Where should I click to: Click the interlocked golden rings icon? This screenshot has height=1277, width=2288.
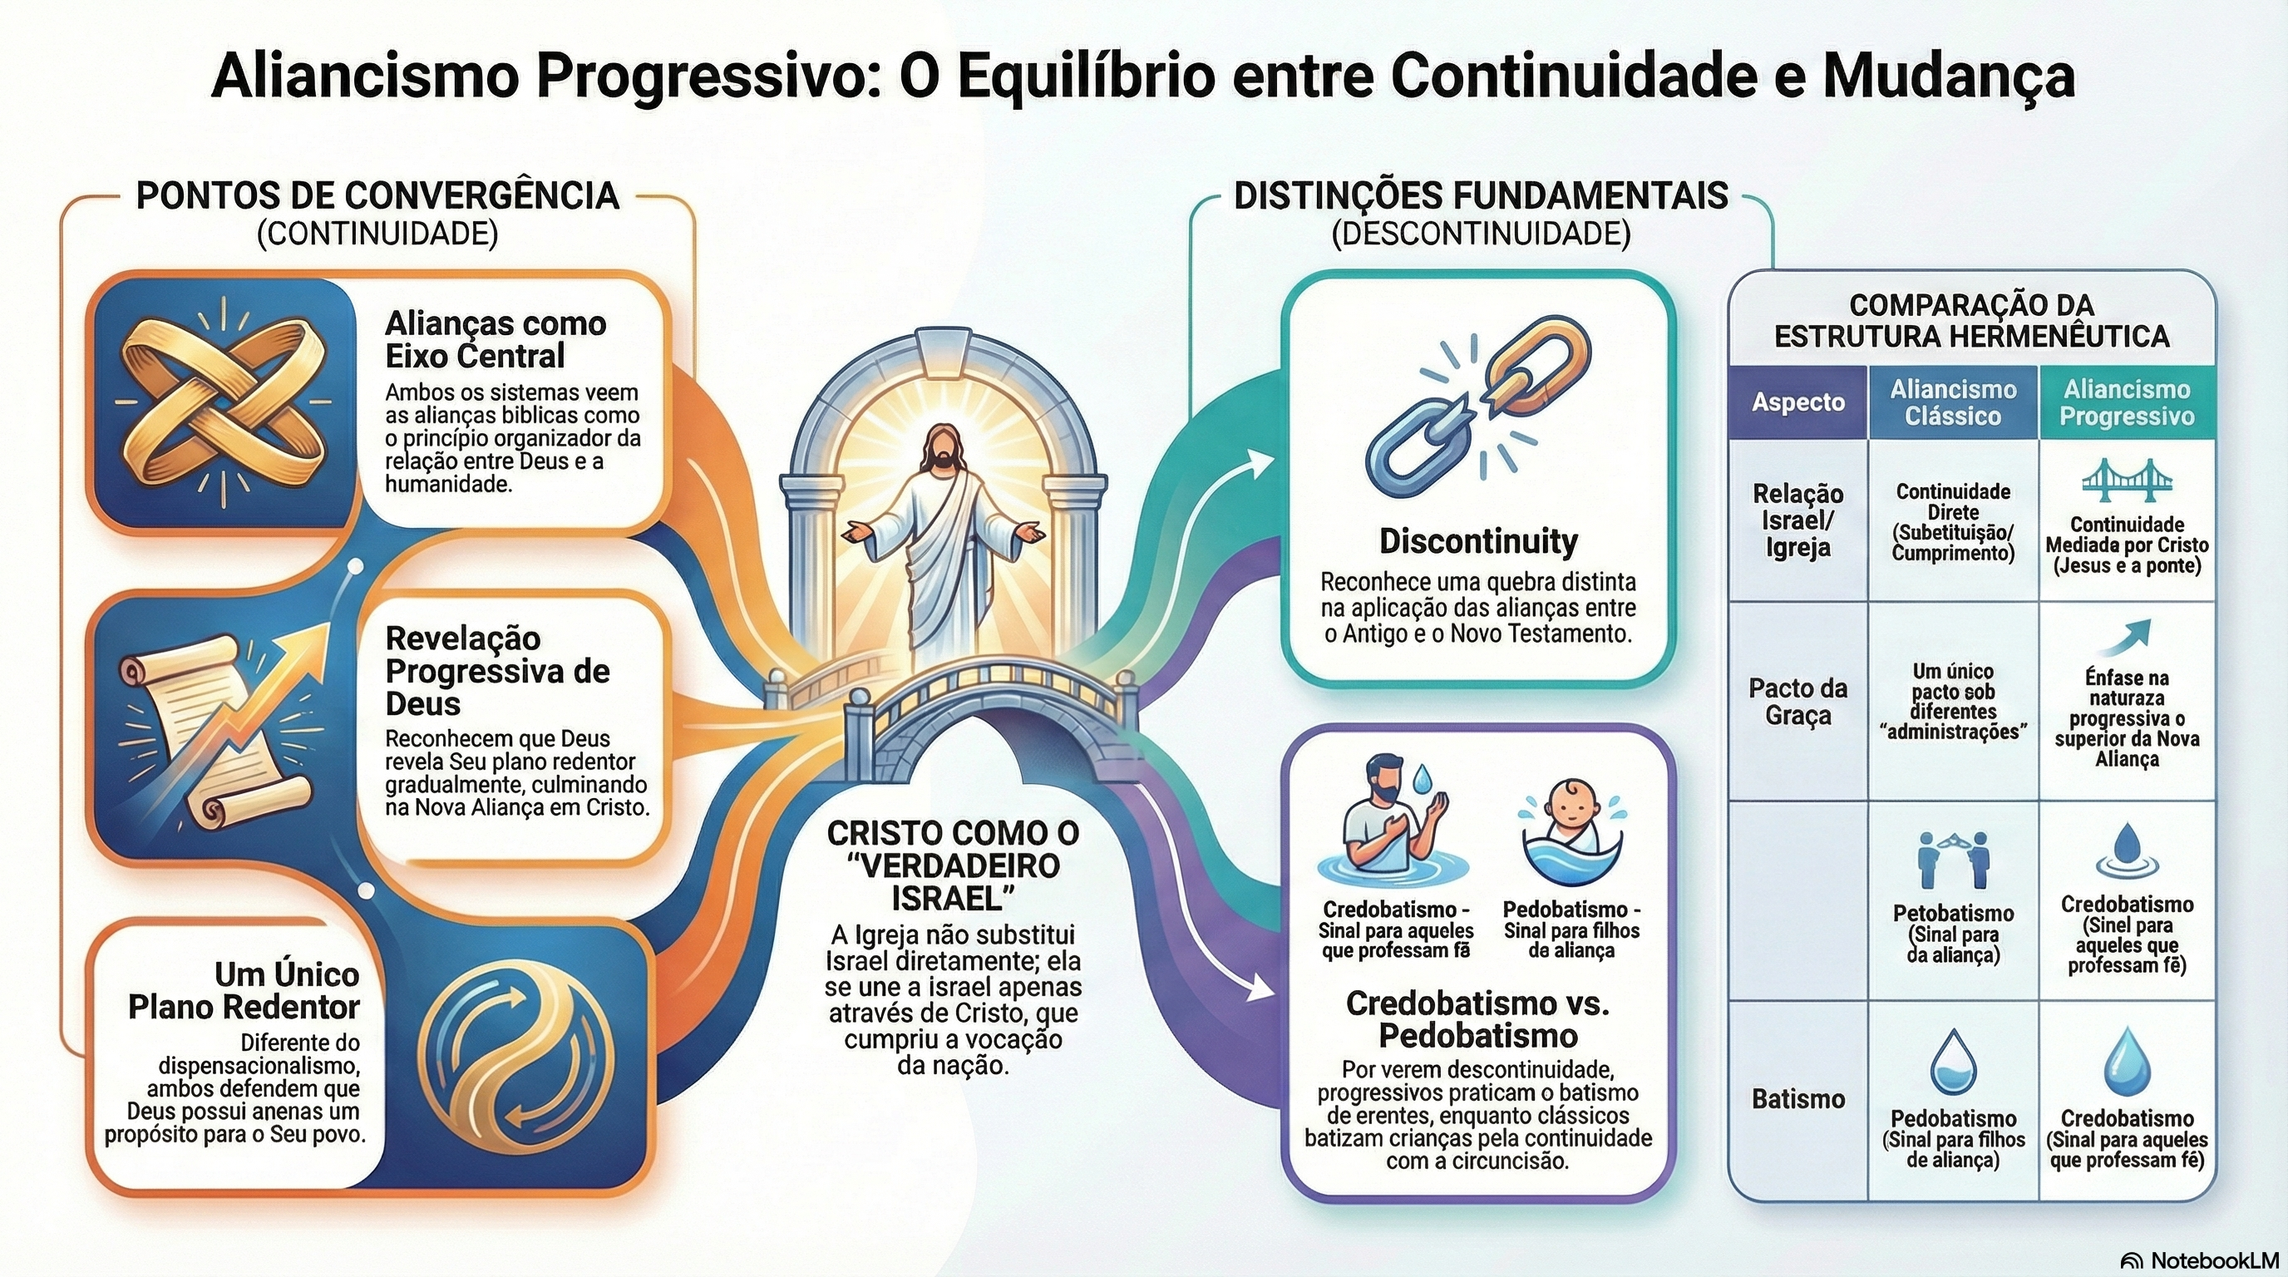click(x=221, y=402)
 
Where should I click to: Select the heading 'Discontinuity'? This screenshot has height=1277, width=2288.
click(x=1478, y=541)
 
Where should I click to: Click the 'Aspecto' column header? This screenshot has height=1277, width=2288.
click(x=1797, y=402)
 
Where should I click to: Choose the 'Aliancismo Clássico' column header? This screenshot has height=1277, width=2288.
click(x=1952, y=402)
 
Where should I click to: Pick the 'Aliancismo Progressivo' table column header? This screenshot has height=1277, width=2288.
click(x=2127, y=402)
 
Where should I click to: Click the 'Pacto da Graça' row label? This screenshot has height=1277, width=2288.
click(x=1797, y=702)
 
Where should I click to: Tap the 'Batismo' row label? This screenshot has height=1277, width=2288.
click(x=1797, y=1099)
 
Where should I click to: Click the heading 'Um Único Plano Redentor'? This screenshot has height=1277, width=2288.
click(x=244, y=991)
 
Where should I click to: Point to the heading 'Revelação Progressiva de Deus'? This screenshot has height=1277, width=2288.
click(x=497, y=670)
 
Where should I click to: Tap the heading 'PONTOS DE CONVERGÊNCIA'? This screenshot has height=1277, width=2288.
click(x=377, y=195)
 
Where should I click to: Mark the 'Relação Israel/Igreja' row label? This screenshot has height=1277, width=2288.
click(x=1797, y=520)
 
